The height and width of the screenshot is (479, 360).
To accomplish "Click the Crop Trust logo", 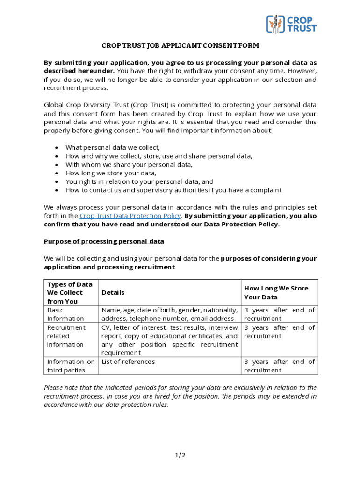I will point(291,24).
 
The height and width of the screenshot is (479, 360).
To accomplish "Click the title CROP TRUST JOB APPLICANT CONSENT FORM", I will point(180,46).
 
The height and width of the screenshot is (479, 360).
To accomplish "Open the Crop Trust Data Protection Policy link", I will point(130,216).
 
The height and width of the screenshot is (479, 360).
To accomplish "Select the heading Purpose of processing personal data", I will point(104,241).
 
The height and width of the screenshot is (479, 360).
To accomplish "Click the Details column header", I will point(113,293).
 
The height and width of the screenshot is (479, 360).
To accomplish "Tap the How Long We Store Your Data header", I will point(276,293).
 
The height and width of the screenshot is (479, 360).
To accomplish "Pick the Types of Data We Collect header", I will point(70,293).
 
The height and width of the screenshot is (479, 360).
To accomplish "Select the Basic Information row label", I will point(65,314).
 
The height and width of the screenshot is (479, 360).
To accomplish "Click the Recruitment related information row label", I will point(66,336).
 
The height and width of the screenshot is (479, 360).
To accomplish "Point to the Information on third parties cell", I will point(71,366).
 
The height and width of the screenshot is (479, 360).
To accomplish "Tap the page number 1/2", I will point(180,455).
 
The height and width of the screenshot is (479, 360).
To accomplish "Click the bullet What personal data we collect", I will point(113,147).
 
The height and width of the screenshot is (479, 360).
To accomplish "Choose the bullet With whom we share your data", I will point(129,165).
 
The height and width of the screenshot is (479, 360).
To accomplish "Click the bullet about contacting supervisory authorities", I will point(174,190).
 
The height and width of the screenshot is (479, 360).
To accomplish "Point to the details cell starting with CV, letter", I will point(169,340).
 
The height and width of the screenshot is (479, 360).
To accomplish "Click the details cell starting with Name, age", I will point(169,314).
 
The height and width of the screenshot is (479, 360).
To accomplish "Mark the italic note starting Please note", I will point(180,396).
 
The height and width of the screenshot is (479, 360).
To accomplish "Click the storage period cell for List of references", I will point(279,366).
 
